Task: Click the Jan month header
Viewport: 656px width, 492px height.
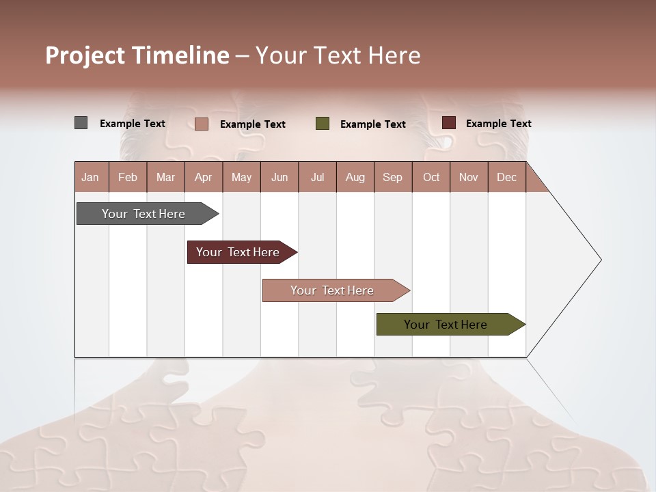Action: (x=91, y=177)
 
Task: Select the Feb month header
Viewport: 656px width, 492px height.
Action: (x=128, y=177)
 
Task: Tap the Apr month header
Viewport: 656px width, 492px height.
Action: (x=204, y=177)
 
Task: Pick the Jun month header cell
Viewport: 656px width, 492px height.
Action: (x=279, y=177)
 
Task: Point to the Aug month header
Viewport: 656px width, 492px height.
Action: (x=355, y=177)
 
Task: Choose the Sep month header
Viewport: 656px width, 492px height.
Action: (x=393, y=177)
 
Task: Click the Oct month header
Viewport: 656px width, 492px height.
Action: (x=431, y=177)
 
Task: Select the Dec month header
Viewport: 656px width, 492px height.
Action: (x=507, y=177)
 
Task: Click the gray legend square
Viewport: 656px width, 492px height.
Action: (x=81, y=123)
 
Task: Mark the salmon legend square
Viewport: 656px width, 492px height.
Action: (x=202, y=124)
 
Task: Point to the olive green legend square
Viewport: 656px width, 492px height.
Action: (x=323, y=124)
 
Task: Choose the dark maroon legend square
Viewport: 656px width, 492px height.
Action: (x=448, y=123)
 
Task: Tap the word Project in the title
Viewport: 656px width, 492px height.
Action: (x=85, y=55)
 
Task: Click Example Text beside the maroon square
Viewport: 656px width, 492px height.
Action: (x=498, y=124)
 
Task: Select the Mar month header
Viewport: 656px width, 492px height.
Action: (x=165, y=177)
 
